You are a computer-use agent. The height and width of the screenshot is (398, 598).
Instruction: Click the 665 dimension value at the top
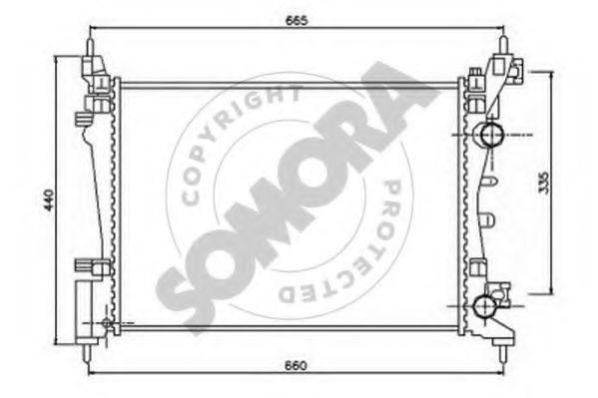296,20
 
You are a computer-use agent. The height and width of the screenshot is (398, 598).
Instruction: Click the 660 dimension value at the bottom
296,365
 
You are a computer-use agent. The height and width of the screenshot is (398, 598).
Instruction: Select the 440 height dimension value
49,199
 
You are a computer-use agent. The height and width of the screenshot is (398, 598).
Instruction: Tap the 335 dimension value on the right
544,183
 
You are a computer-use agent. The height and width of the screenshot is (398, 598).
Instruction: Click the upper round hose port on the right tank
491,135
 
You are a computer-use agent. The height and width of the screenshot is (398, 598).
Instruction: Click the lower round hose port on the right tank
485,306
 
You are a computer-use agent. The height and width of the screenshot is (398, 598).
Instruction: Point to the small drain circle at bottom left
107,323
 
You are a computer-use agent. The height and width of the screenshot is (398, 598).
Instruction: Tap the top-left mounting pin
89,48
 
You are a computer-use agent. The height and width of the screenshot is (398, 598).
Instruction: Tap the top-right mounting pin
503,46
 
